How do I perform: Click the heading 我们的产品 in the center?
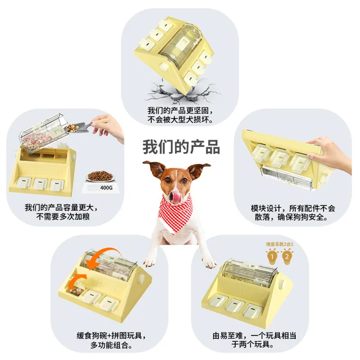[x=181, y=147]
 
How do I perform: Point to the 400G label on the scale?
[x=106, y=188]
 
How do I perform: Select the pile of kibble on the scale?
[x=100, y=175]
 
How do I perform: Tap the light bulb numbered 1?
[x=272, y=256]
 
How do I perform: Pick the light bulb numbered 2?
[x=287, y=256]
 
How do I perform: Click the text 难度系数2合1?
[x=279, y=244]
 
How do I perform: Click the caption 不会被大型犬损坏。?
[x=180, y=120]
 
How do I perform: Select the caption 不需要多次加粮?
[x=63, y=216]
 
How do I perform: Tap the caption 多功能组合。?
[x=111, y=345]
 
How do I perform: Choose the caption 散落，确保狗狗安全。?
[x=291, y=217]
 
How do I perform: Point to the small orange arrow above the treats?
[x=78, y=279]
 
